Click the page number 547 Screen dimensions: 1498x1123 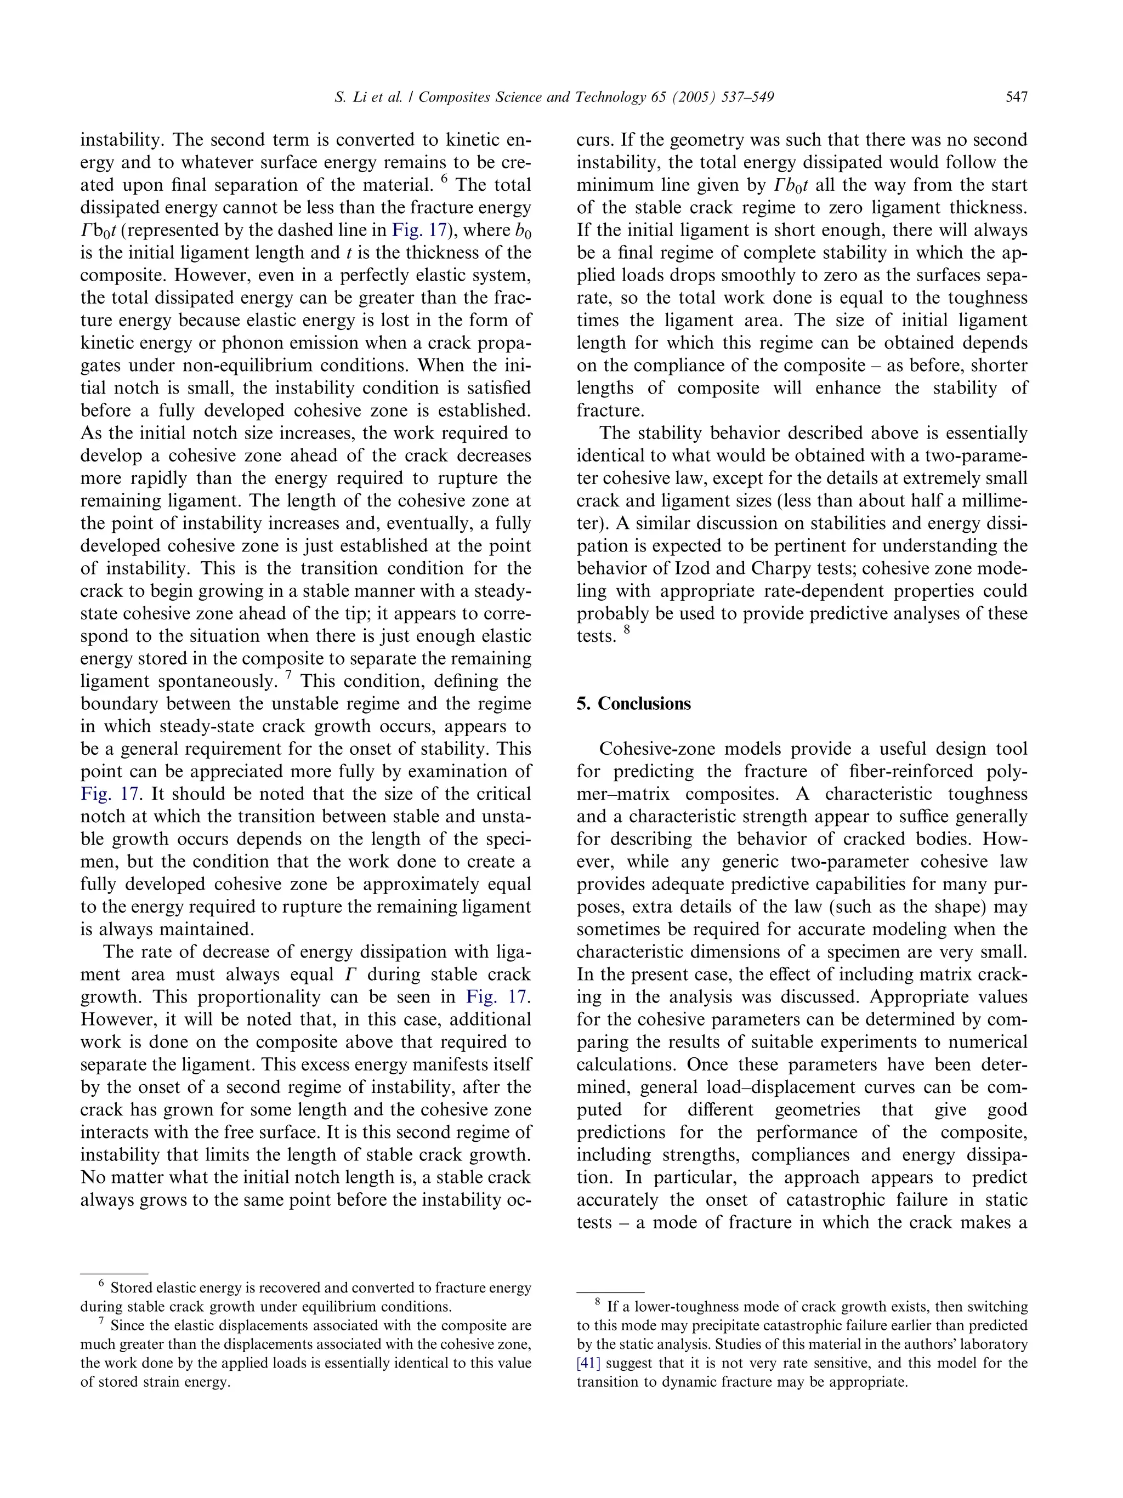click(x=1016, y=97)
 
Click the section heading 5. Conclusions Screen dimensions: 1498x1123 click(x=633, y=704)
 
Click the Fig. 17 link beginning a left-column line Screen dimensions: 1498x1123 click(x=110, y=794)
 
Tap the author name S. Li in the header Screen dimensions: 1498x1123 click(x=349, y=97)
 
